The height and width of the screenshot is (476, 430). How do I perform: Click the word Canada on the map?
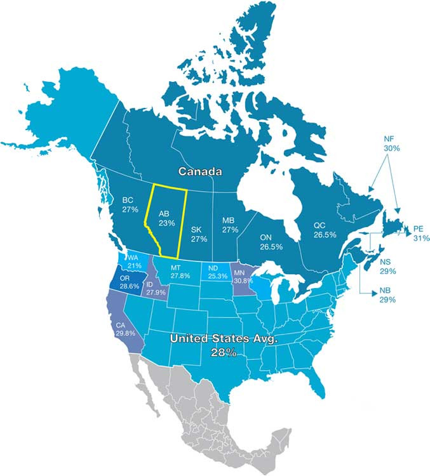(199, 171)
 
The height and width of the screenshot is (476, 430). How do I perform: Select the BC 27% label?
(130, 204)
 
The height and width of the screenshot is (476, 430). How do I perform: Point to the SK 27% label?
(199, 234)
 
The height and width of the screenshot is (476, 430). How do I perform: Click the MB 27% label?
(229, 225)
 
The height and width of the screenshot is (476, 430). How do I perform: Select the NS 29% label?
(388, 266)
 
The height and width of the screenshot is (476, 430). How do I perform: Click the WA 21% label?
(134, 261)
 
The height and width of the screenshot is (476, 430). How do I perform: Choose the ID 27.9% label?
(155, 288)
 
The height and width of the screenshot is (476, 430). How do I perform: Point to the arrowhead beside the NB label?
(370, 293)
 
